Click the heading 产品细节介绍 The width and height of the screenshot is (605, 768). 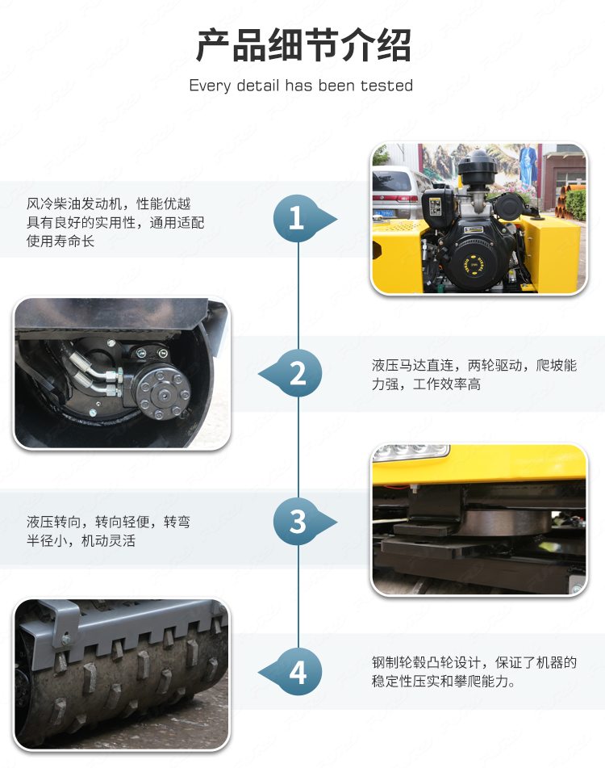pos(303,45)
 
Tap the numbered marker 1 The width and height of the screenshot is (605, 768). pos(297,219)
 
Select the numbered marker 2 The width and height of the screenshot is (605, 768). pos(298,373)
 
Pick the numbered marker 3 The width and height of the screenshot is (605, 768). pos(297,522)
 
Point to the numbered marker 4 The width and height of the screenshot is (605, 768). pos(298,672)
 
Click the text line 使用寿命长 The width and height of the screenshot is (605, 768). pos(60,241)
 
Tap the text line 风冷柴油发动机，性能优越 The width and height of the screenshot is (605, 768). pos(109,204)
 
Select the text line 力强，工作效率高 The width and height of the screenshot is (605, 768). pos(426,384)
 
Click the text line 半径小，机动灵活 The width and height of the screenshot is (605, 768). pos(81,541)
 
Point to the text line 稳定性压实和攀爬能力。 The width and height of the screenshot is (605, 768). pos(444,682)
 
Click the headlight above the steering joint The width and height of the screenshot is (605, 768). pos(411,452)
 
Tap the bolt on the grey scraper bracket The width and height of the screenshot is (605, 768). pos(66,639)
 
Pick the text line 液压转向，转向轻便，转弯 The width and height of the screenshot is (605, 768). pos(109,522)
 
